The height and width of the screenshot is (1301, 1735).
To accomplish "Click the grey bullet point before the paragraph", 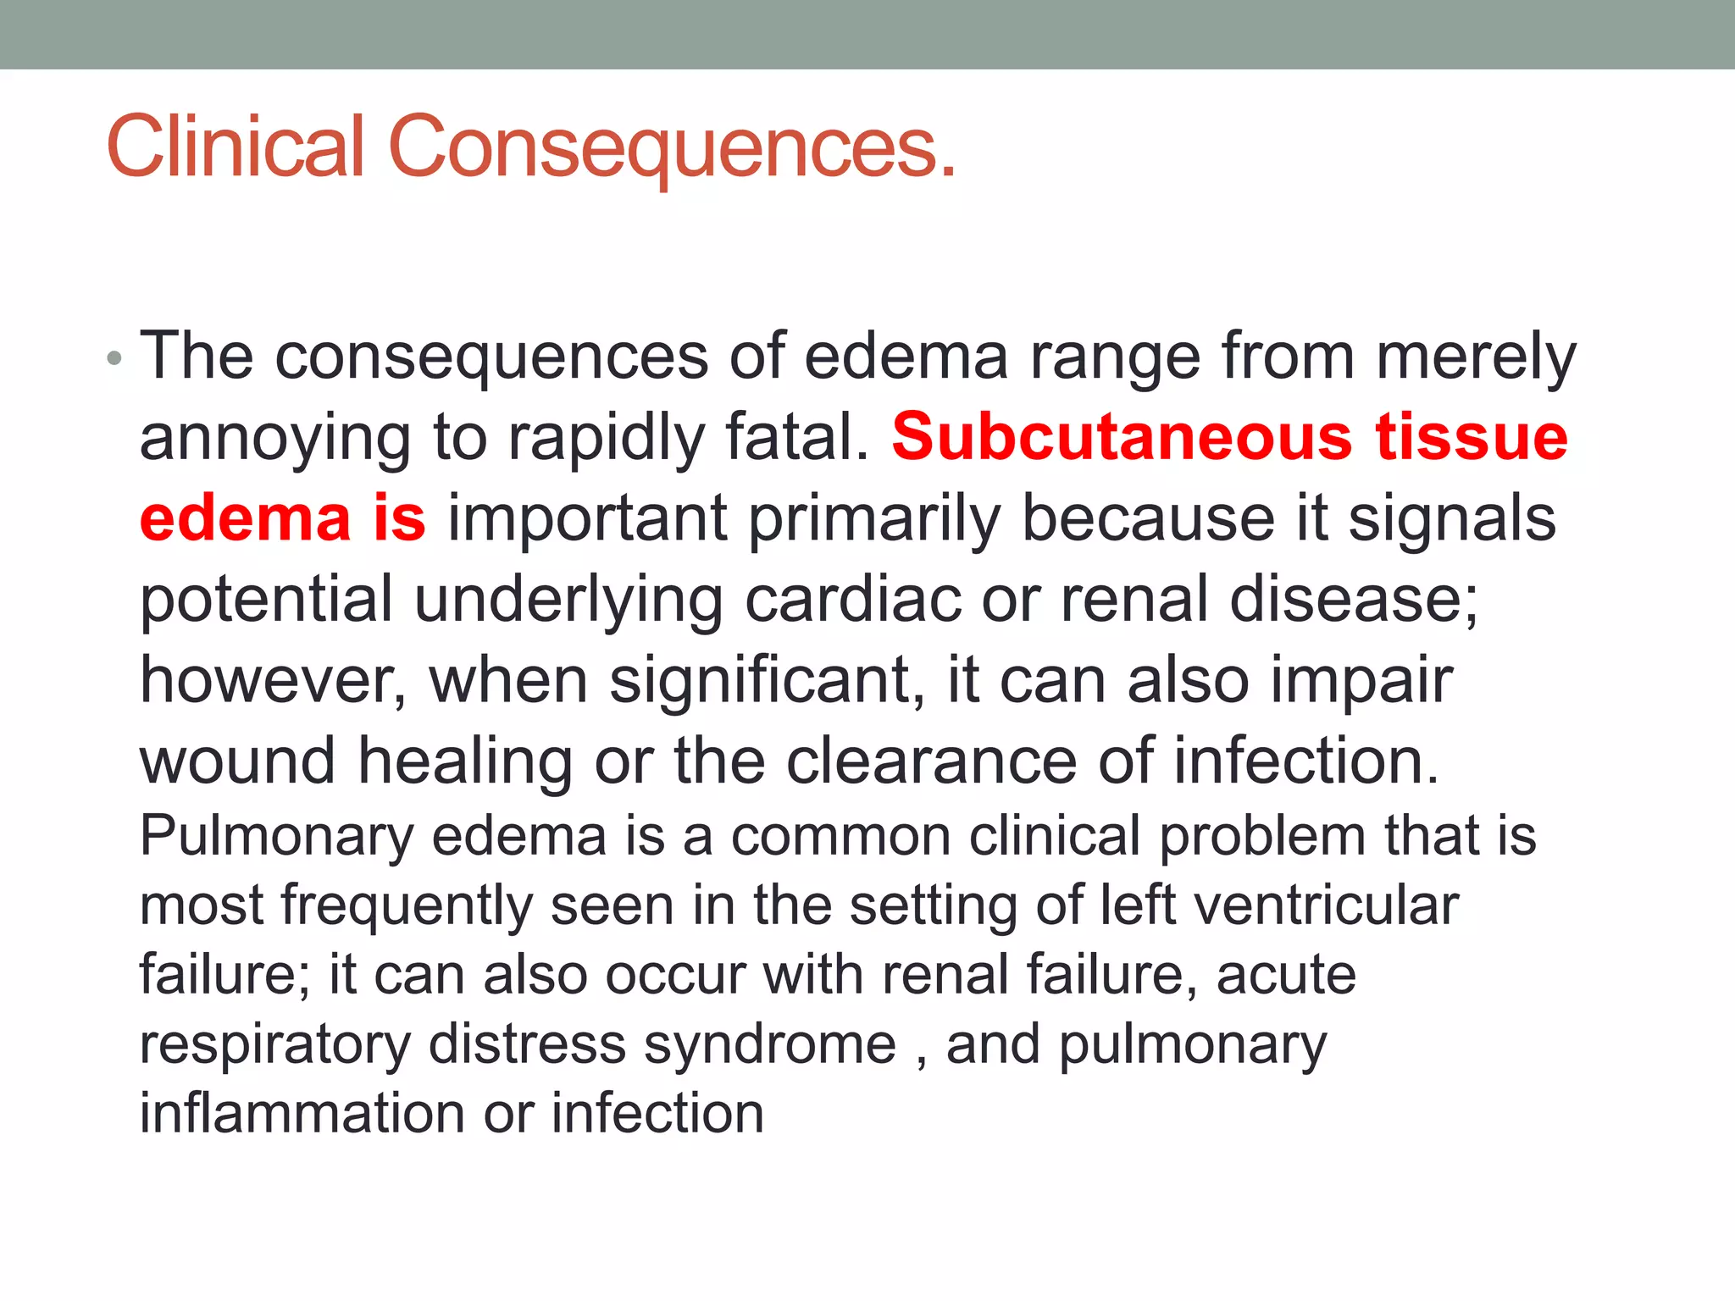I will click(x=115, y=359).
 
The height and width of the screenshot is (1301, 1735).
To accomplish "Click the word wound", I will click(x=237, y=761).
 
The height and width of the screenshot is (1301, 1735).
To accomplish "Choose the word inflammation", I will click(x=302, y=1113).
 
